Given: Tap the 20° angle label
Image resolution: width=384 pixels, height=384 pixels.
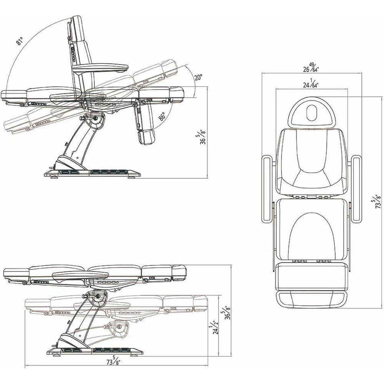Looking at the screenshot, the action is tap(199, 78).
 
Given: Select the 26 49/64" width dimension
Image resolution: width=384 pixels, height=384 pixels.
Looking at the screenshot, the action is tap(311, 68).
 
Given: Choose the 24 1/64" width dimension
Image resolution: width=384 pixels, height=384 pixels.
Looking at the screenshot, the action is tap(311, 83).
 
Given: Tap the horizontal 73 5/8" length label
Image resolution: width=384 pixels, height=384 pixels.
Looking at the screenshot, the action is tap(114, 361).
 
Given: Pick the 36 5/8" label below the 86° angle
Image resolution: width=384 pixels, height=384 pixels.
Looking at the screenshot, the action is tap(203, 137).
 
